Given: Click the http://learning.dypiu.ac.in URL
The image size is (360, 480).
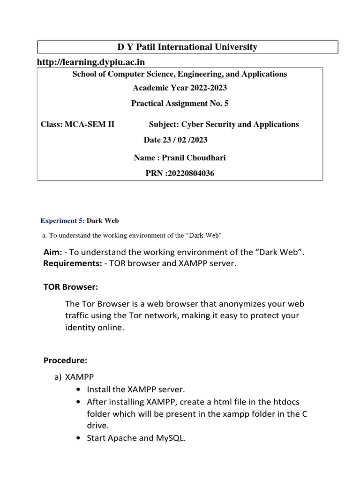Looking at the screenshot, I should click(91, 62).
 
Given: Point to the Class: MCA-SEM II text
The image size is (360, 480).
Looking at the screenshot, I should click(78, 124).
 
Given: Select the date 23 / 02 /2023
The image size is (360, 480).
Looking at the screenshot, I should click(175, 140).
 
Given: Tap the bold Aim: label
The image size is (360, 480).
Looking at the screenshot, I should click(52, 253).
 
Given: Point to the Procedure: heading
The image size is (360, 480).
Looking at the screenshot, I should click(65, 360).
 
